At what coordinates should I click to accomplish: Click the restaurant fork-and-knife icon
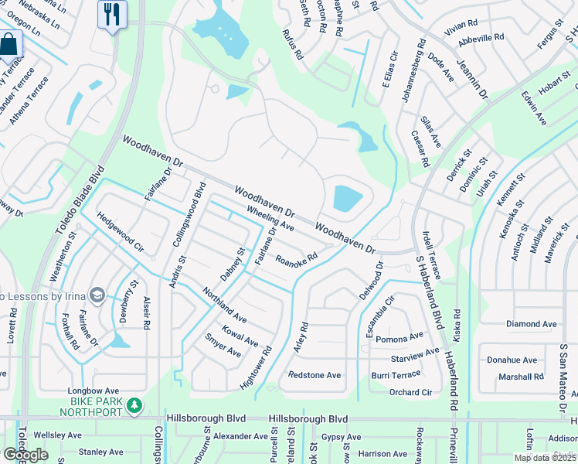coord(112,13)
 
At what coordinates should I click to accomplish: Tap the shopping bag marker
coord(9,44)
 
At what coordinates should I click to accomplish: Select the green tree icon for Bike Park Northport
coord(134,404)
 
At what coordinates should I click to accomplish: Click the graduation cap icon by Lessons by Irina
coord(97,295)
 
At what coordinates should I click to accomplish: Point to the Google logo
coord(25,455)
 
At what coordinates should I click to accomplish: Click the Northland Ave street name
coord(224,305)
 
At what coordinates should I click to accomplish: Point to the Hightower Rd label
coord(257,367)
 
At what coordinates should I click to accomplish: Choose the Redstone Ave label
coord(314,375)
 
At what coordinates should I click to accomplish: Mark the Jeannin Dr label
coord(472,81)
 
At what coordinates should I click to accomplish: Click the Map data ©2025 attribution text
coord(545,458)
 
